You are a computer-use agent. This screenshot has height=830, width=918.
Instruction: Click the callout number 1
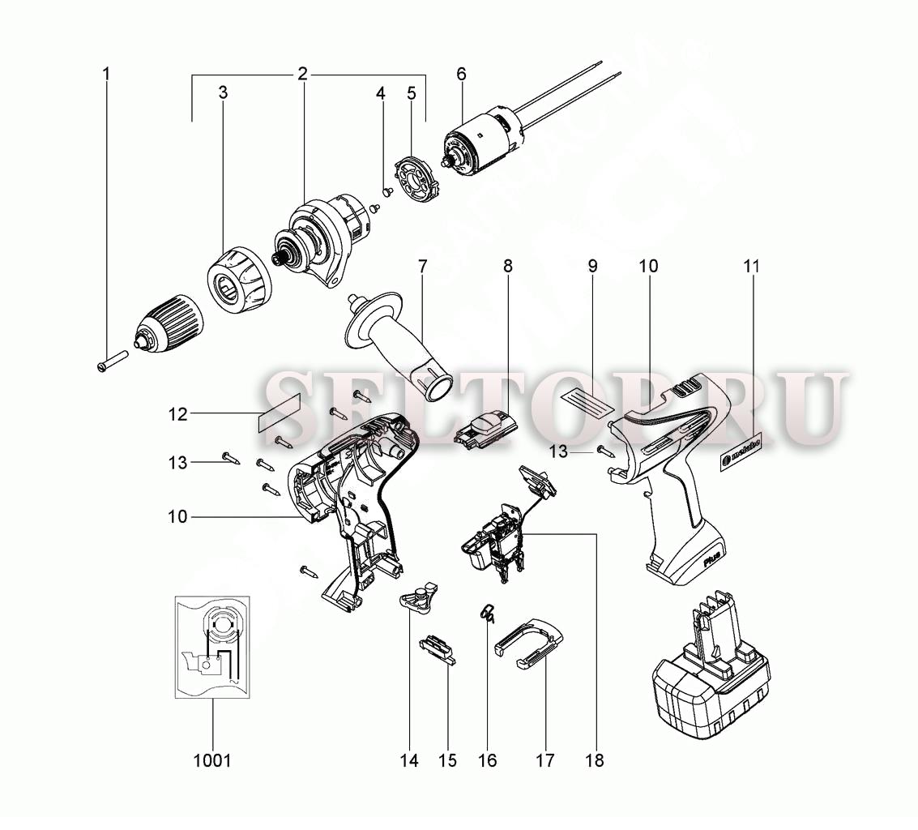[106, 74]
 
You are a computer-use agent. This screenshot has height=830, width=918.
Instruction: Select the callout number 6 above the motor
[461, 74]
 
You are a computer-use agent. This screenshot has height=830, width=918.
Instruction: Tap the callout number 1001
[212, 760]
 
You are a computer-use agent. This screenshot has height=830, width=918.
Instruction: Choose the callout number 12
[178, 414]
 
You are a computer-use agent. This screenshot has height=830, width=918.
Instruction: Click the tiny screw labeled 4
[386, 191]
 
